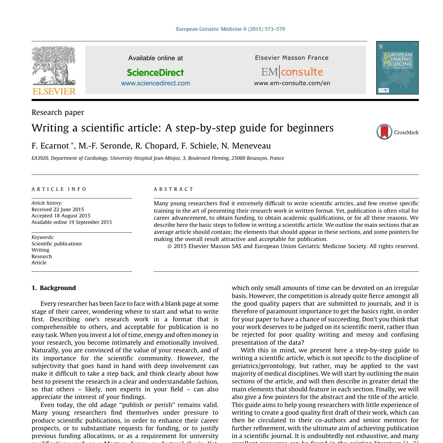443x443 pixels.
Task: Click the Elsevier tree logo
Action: [54, 66]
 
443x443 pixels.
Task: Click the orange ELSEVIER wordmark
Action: [54, 91]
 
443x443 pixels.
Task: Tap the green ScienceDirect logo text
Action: [155, 72]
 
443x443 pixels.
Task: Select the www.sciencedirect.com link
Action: [155, 83]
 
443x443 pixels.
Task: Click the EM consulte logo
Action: [292, 72]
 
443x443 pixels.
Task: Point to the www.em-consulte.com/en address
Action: [292, 83]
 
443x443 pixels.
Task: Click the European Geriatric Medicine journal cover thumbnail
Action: [397, 68]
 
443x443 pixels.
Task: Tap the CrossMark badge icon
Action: [384, 132]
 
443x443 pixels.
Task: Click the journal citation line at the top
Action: [230, 29]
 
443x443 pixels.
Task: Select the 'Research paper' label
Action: [58, 113]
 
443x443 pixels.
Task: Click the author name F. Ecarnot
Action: [50, 146]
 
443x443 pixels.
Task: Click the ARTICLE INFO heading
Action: [59, 189]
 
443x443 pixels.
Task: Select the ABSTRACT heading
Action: [174, 189]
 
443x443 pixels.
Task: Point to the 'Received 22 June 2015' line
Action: [58, 209]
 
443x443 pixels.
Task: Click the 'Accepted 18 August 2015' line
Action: [61, 216]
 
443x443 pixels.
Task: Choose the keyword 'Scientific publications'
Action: [57, 244]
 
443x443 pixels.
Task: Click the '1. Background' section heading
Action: [54, 288]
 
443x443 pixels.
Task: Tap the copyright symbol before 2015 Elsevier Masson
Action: [170, 246]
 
